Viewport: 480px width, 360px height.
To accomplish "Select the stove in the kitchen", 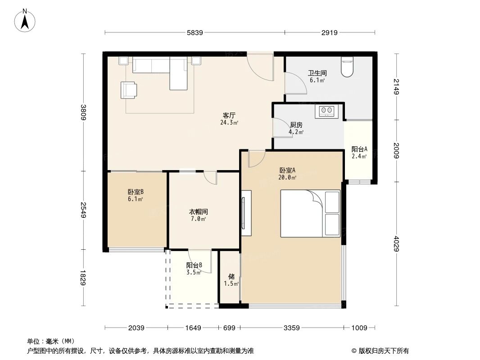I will (x=327, y=111).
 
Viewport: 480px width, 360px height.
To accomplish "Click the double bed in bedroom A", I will (x=310, y=213).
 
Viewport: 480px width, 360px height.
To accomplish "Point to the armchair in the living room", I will (x=130, y=89).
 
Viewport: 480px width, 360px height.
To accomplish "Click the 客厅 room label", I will (x=229, y=115).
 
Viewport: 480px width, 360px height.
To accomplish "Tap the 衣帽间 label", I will (x=198, y=211).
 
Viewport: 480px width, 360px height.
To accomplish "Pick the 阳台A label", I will (x=359, y=149).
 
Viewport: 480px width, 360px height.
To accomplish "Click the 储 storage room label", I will (x=231, y=276).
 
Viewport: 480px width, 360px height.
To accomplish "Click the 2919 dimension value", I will (x=330, y=32).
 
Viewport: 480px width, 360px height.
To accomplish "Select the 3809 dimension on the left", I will (x=83, y=112).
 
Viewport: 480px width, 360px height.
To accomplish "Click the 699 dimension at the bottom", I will (x=229, y=328).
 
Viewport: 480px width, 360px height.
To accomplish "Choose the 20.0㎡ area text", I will (x=288, y=177).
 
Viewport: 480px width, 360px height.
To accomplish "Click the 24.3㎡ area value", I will (x=229, y=122).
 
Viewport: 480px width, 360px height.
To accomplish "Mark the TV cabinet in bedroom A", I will (x=246, y=212).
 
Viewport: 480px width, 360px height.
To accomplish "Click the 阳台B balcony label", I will (x=194, y=265).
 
